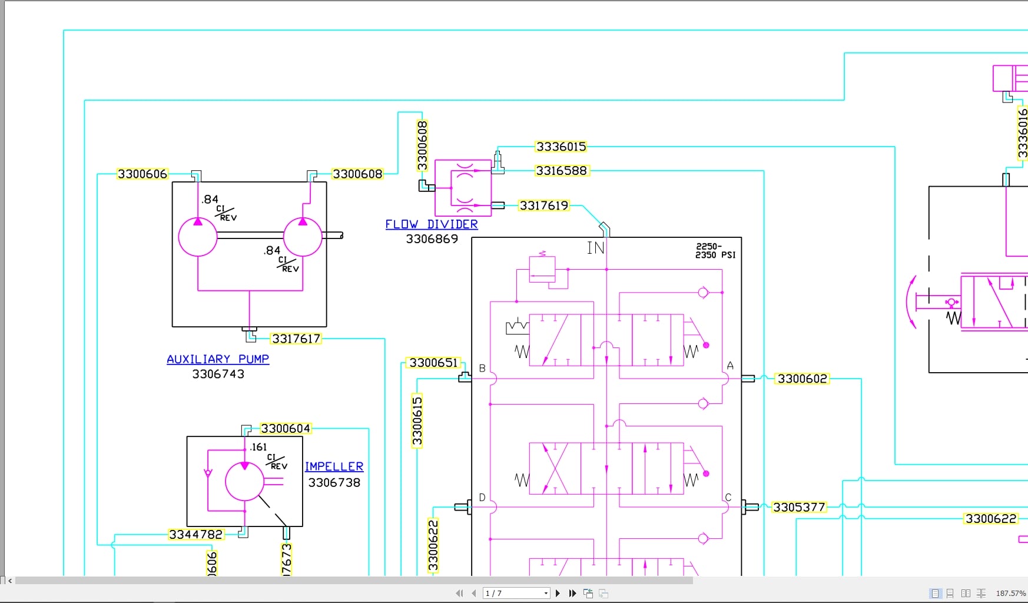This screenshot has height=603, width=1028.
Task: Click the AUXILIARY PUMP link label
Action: coord(217,359)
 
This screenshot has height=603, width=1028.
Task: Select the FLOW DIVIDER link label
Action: coord(431,224)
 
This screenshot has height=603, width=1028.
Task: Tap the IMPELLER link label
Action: coord(334,466)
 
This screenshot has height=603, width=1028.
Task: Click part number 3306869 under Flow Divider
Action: coord(432,239)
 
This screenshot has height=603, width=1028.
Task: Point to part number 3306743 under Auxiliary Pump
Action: coord(218,374)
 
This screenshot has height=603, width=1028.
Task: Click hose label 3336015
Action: coord(561,147)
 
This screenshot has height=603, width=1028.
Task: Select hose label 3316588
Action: coord(561,171)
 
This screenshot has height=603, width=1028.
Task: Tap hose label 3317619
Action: coord(543,206)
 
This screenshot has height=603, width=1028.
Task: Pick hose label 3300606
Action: coord(142,174)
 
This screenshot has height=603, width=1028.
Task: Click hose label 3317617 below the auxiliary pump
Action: coord(296,339)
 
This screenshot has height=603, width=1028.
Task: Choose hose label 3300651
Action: coord(433,363)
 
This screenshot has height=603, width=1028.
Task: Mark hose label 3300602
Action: coord(802,379)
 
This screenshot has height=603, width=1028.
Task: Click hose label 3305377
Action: coord(799,507)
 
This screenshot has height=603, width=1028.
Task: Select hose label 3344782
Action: coord(195,535)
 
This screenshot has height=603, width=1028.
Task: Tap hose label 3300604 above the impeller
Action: coord(285,429)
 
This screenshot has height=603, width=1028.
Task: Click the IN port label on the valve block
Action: coord(595,249)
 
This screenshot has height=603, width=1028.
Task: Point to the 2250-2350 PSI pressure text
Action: coord(715,251)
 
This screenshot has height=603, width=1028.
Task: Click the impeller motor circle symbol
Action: coord(244,481)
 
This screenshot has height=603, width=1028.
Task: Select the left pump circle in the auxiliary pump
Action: coord(198,237)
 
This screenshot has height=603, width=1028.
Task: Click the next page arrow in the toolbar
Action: coord(558,593)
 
